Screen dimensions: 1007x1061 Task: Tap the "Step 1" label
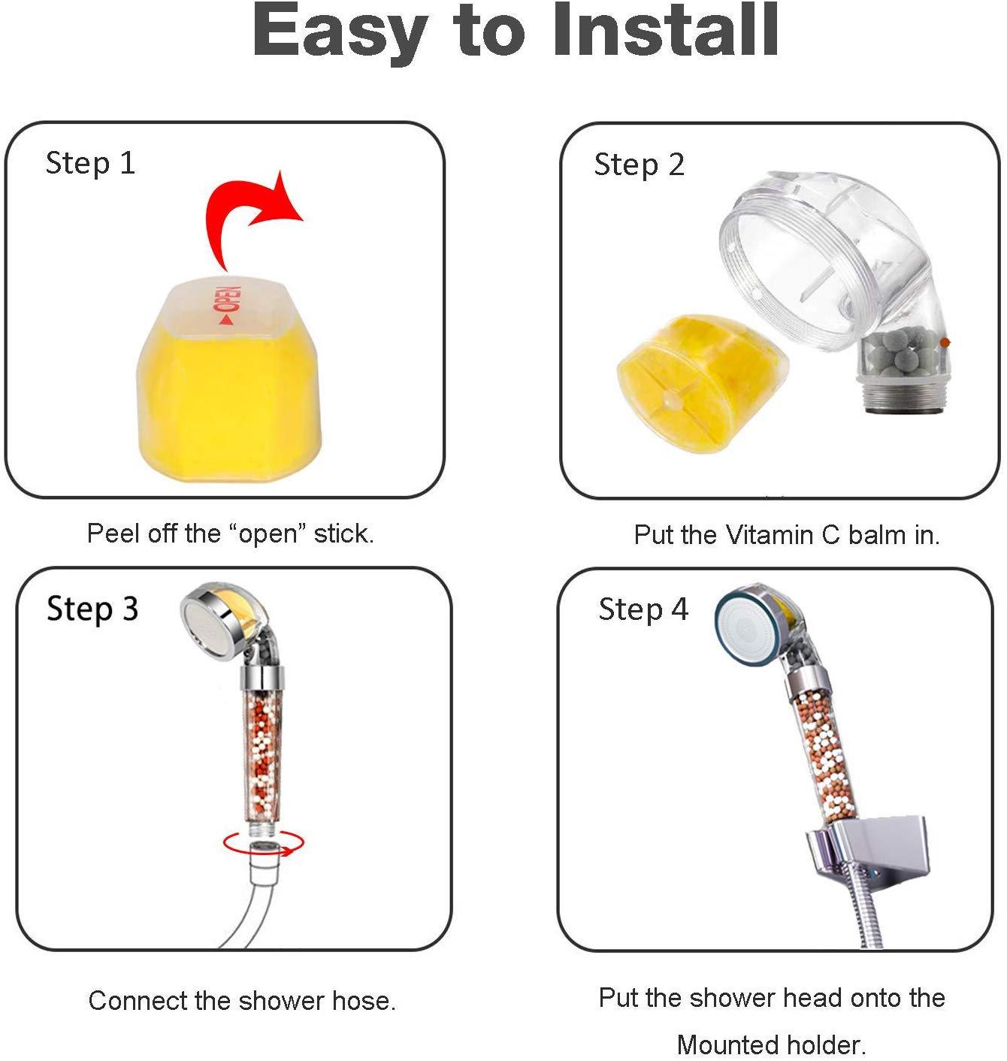(x=90, y=164)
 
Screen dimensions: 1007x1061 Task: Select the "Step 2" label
(x=639, y=165)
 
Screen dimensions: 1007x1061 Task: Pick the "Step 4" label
(x=643, y=609)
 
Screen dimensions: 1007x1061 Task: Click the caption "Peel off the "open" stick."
(x=231, y=534)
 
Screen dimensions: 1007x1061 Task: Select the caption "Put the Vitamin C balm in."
(x=787, y=535)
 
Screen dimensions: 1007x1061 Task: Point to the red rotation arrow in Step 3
(x=264, y=841)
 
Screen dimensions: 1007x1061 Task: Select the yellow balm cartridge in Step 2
(x=702, y=382)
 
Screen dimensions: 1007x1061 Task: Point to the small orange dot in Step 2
(x=944, y=342)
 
